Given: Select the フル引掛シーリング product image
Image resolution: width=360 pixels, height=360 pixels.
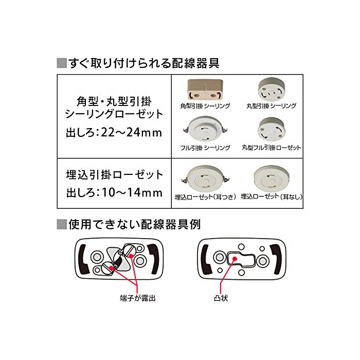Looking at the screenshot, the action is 205,130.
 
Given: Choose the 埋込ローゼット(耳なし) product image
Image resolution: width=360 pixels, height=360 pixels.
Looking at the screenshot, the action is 272,179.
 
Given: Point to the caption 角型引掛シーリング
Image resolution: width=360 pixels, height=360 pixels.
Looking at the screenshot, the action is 205,106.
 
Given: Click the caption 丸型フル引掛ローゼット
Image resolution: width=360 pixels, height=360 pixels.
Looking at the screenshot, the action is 272,148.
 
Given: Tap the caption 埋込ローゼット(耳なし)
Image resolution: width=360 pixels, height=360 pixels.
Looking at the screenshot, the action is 272,197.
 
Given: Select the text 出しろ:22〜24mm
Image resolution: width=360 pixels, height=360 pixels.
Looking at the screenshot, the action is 114,133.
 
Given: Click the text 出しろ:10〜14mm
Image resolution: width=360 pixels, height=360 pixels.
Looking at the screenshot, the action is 114,193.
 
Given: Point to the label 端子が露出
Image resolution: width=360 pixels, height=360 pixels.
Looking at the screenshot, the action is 138,298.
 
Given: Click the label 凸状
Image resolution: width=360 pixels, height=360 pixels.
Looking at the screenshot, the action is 221,298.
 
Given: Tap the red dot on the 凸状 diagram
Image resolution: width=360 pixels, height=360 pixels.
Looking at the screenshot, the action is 235,259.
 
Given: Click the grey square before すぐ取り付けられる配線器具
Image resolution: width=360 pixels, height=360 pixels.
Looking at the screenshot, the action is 62,63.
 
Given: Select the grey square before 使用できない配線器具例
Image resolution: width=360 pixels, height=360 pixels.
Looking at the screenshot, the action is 62,224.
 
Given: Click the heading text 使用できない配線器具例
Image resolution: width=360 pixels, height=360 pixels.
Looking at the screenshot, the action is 135,224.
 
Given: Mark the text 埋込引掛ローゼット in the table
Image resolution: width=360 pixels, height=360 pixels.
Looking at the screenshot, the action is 114,175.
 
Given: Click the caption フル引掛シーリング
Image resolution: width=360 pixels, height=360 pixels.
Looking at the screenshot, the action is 205,148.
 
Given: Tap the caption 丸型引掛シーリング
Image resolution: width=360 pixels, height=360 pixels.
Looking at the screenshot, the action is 272,106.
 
